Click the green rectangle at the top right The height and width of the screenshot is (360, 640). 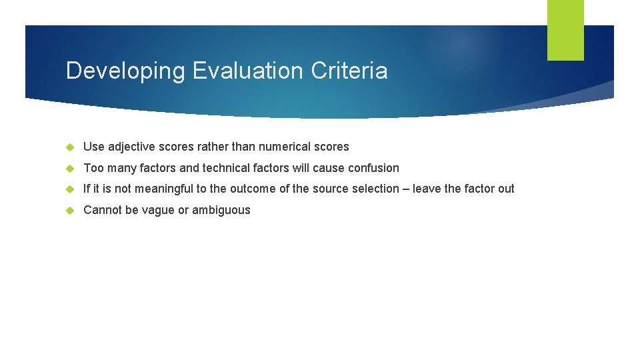point(565,30)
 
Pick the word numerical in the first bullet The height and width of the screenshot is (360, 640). point(293,147)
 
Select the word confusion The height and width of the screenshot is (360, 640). point(373,168)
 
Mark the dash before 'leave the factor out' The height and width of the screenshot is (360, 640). point(405,189)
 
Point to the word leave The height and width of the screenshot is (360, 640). point(427,189)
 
